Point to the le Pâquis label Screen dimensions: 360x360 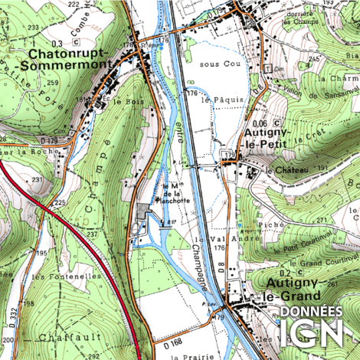pos(216,100)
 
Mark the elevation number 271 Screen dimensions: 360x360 pos(322,220)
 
